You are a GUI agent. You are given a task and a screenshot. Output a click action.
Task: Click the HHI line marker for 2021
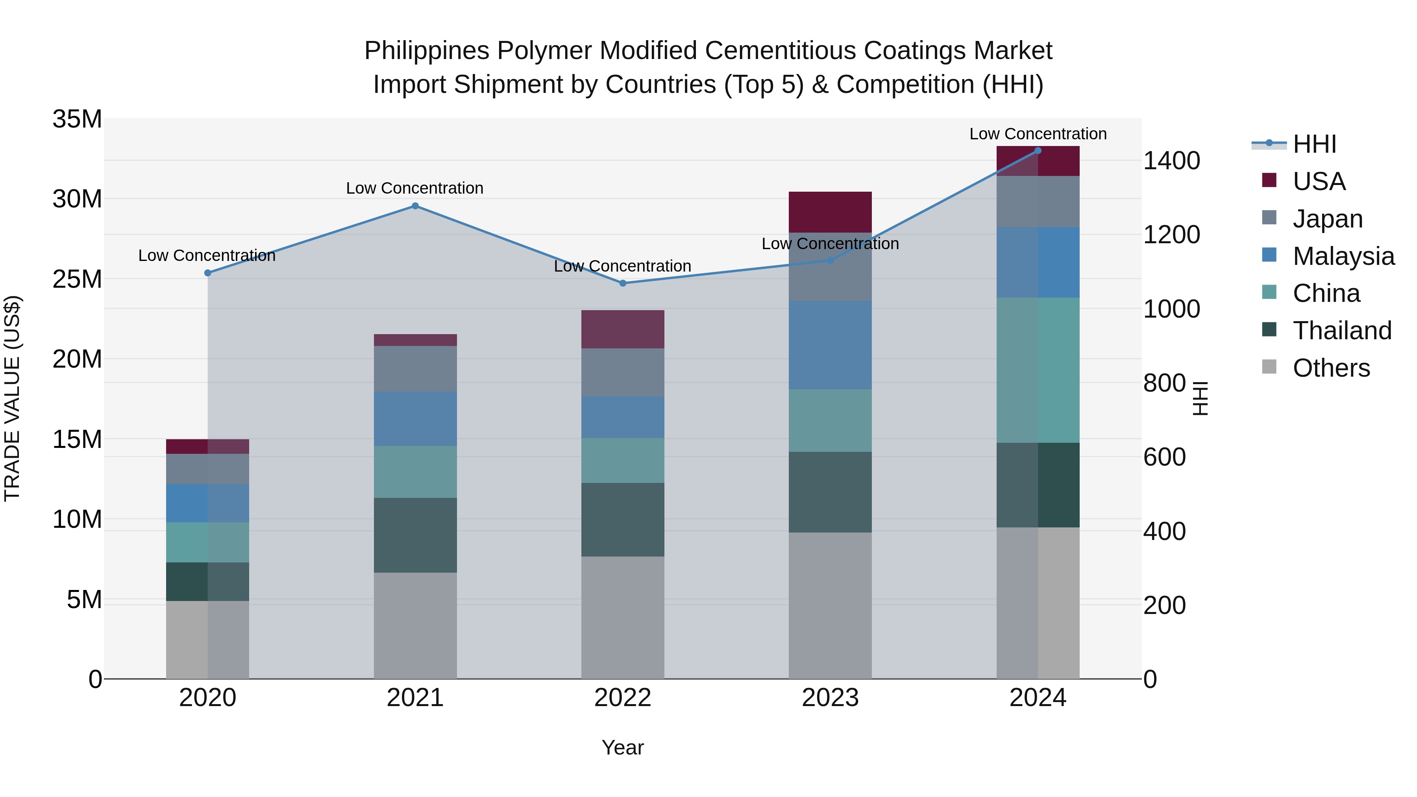[415, 206]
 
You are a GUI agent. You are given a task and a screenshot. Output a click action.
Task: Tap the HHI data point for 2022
[623, 283]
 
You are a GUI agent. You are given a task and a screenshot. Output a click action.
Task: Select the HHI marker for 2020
[208, 273]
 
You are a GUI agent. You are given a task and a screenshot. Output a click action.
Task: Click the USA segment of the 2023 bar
[830, 212]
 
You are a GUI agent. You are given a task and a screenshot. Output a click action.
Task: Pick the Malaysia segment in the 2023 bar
[830, 345]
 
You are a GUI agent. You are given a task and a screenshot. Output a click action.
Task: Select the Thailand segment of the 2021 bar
[415, 535]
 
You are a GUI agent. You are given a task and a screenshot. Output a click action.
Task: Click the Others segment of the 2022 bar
[623, 617]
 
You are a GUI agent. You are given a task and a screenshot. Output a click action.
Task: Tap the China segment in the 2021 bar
[415, 472]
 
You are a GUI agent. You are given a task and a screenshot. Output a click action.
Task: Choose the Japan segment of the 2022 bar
[623, 372]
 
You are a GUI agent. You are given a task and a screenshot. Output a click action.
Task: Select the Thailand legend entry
[1342, 331]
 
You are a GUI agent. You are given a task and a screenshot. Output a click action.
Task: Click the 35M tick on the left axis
[77, 119]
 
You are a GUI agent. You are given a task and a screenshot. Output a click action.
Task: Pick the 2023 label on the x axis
[830, 698]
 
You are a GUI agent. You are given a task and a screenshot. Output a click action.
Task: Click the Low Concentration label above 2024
[1038, 134]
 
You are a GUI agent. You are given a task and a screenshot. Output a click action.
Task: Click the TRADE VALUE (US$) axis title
[13, 398]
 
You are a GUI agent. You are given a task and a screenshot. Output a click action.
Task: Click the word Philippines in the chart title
[427, 51]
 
